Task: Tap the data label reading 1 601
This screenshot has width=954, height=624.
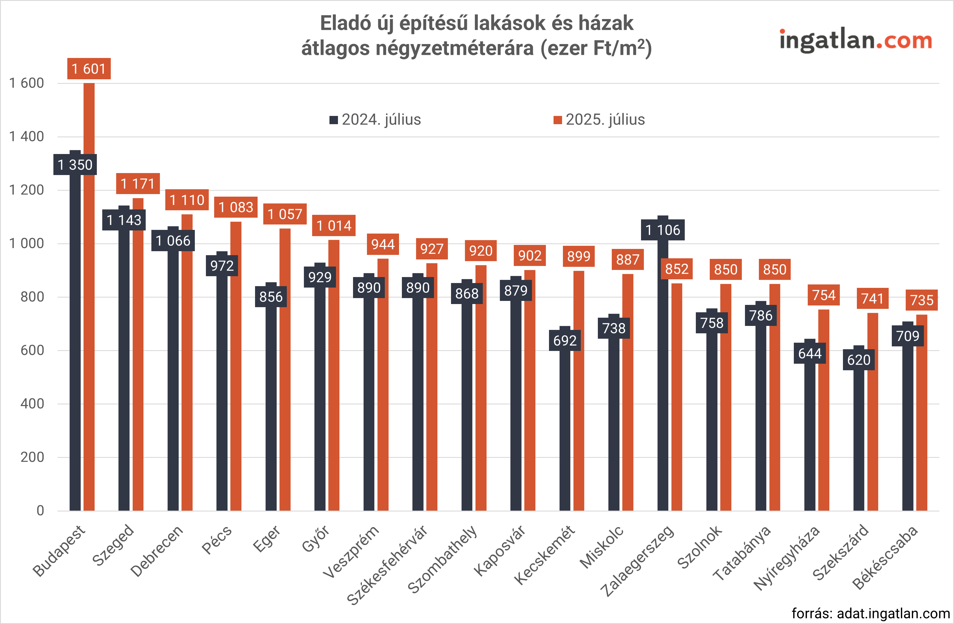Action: tap(89, 69)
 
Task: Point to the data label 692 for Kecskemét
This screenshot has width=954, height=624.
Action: tap(565, 340)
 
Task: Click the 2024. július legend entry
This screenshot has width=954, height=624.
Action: tap(375, 120)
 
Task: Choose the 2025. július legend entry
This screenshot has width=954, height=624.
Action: tap(600, 120)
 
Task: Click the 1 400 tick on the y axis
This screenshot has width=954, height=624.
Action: tap(26, 137)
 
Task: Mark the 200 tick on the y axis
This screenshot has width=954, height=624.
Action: tap(32, 457)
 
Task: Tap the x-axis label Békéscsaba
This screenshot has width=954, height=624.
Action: tap(885, 558)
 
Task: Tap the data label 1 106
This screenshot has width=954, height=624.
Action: tap(663, 230)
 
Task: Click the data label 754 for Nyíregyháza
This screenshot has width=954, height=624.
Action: tap(824, 295)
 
